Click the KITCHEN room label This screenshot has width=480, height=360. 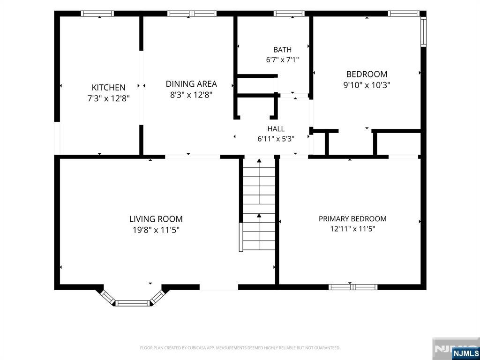108,88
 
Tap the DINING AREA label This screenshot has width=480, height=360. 191,84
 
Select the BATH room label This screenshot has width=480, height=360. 282,50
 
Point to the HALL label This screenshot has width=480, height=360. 276,129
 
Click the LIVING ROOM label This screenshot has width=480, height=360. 156,219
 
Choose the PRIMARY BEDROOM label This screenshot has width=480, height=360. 352,219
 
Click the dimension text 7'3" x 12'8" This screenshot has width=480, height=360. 109,98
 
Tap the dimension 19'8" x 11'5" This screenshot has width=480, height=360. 156,230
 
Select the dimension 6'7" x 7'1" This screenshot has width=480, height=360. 282,60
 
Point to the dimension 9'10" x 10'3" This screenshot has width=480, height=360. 367,85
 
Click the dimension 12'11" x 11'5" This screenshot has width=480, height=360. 352,229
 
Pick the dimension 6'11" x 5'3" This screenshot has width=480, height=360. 276,139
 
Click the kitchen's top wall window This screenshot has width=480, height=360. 97,14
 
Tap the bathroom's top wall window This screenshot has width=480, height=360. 289,14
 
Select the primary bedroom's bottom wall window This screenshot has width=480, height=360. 353,287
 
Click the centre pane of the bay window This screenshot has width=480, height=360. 133,303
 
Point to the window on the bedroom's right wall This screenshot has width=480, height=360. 423,31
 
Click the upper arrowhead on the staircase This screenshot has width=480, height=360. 259,161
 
